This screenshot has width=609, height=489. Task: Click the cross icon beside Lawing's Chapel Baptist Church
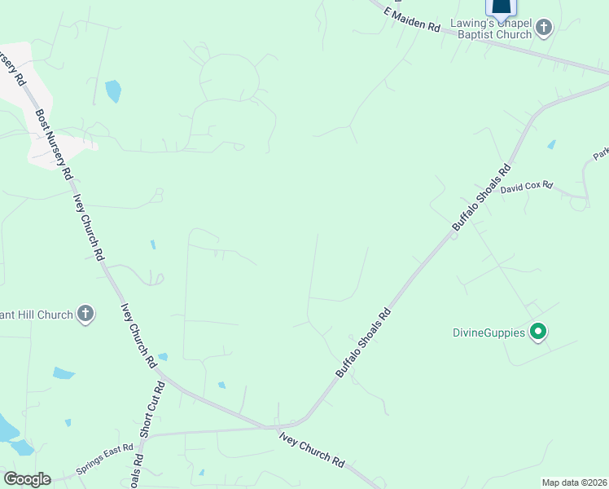545,29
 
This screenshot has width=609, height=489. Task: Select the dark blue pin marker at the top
501,8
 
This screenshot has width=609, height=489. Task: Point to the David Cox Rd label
527,187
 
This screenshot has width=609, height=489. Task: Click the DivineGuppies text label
488,332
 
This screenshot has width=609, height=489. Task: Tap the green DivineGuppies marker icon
537,332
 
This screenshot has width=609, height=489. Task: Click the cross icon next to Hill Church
85,314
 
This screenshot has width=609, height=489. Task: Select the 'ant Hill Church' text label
37,314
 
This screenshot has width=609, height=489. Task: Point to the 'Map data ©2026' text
574,482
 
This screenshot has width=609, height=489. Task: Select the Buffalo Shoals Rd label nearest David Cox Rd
481,198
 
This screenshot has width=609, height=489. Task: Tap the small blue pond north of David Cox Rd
552,144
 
